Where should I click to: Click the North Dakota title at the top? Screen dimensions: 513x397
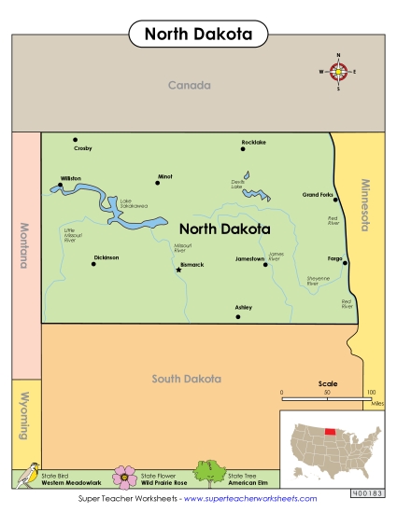(x=198, y=34)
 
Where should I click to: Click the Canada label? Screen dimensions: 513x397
(x=190, y=85)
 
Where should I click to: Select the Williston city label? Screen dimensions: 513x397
(x=71, y=177)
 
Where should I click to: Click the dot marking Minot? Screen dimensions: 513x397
(x=158, y=184)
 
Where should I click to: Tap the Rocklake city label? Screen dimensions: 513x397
(x=254, y=142)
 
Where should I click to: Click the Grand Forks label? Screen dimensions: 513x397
(x=318, y=195)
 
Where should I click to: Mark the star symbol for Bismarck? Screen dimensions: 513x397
(x=178, y=270)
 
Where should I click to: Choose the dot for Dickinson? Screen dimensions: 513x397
(x=93, y=264)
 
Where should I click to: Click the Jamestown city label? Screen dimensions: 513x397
(x=250, y=257)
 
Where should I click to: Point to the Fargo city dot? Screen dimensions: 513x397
(x=347, y=263)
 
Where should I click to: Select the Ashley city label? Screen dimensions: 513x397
(x=244, y=307)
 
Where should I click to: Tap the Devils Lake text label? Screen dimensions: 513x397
(x=237, y=185)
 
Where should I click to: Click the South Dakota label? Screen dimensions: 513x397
(x=187, y=379)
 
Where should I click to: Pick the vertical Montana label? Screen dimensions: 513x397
(x=23, y=245)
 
